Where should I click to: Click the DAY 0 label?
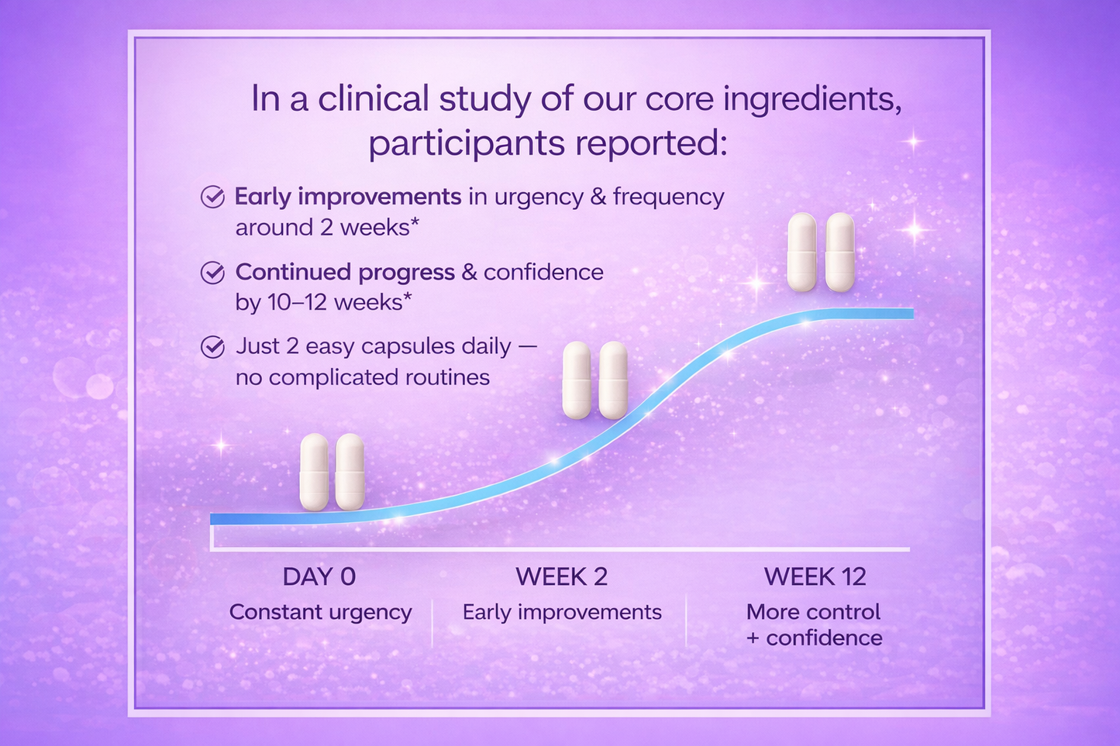tap(319, 576)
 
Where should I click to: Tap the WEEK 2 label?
tap(561, 576)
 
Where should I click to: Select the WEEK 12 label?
tap(815, 576)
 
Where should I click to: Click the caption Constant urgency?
tap(321, 613)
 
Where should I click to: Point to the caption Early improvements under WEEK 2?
tap(562, 613)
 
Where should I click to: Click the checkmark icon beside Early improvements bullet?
tap(212, 197)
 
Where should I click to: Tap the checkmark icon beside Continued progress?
tap(212, 273)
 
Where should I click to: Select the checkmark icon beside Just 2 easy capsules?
tap(212, 347)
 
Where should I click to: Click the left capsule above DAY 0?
tap(314, 473)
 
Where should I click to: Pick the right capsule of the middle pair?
tap(613, 380)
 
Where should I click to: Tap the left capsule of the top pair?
tap(801, 252)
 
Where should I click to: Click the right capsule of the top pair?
tap(840, 252)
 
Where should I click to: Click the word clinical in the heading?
tap(374, 98)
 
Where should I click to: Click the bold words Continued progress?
tap(345, 273)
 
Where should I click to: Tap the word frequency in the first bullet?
tap(668, 198)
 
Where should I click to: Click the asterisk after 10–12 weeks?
tap(408, 297)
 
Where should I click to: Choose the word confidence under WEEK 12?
tap(824, 638)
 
